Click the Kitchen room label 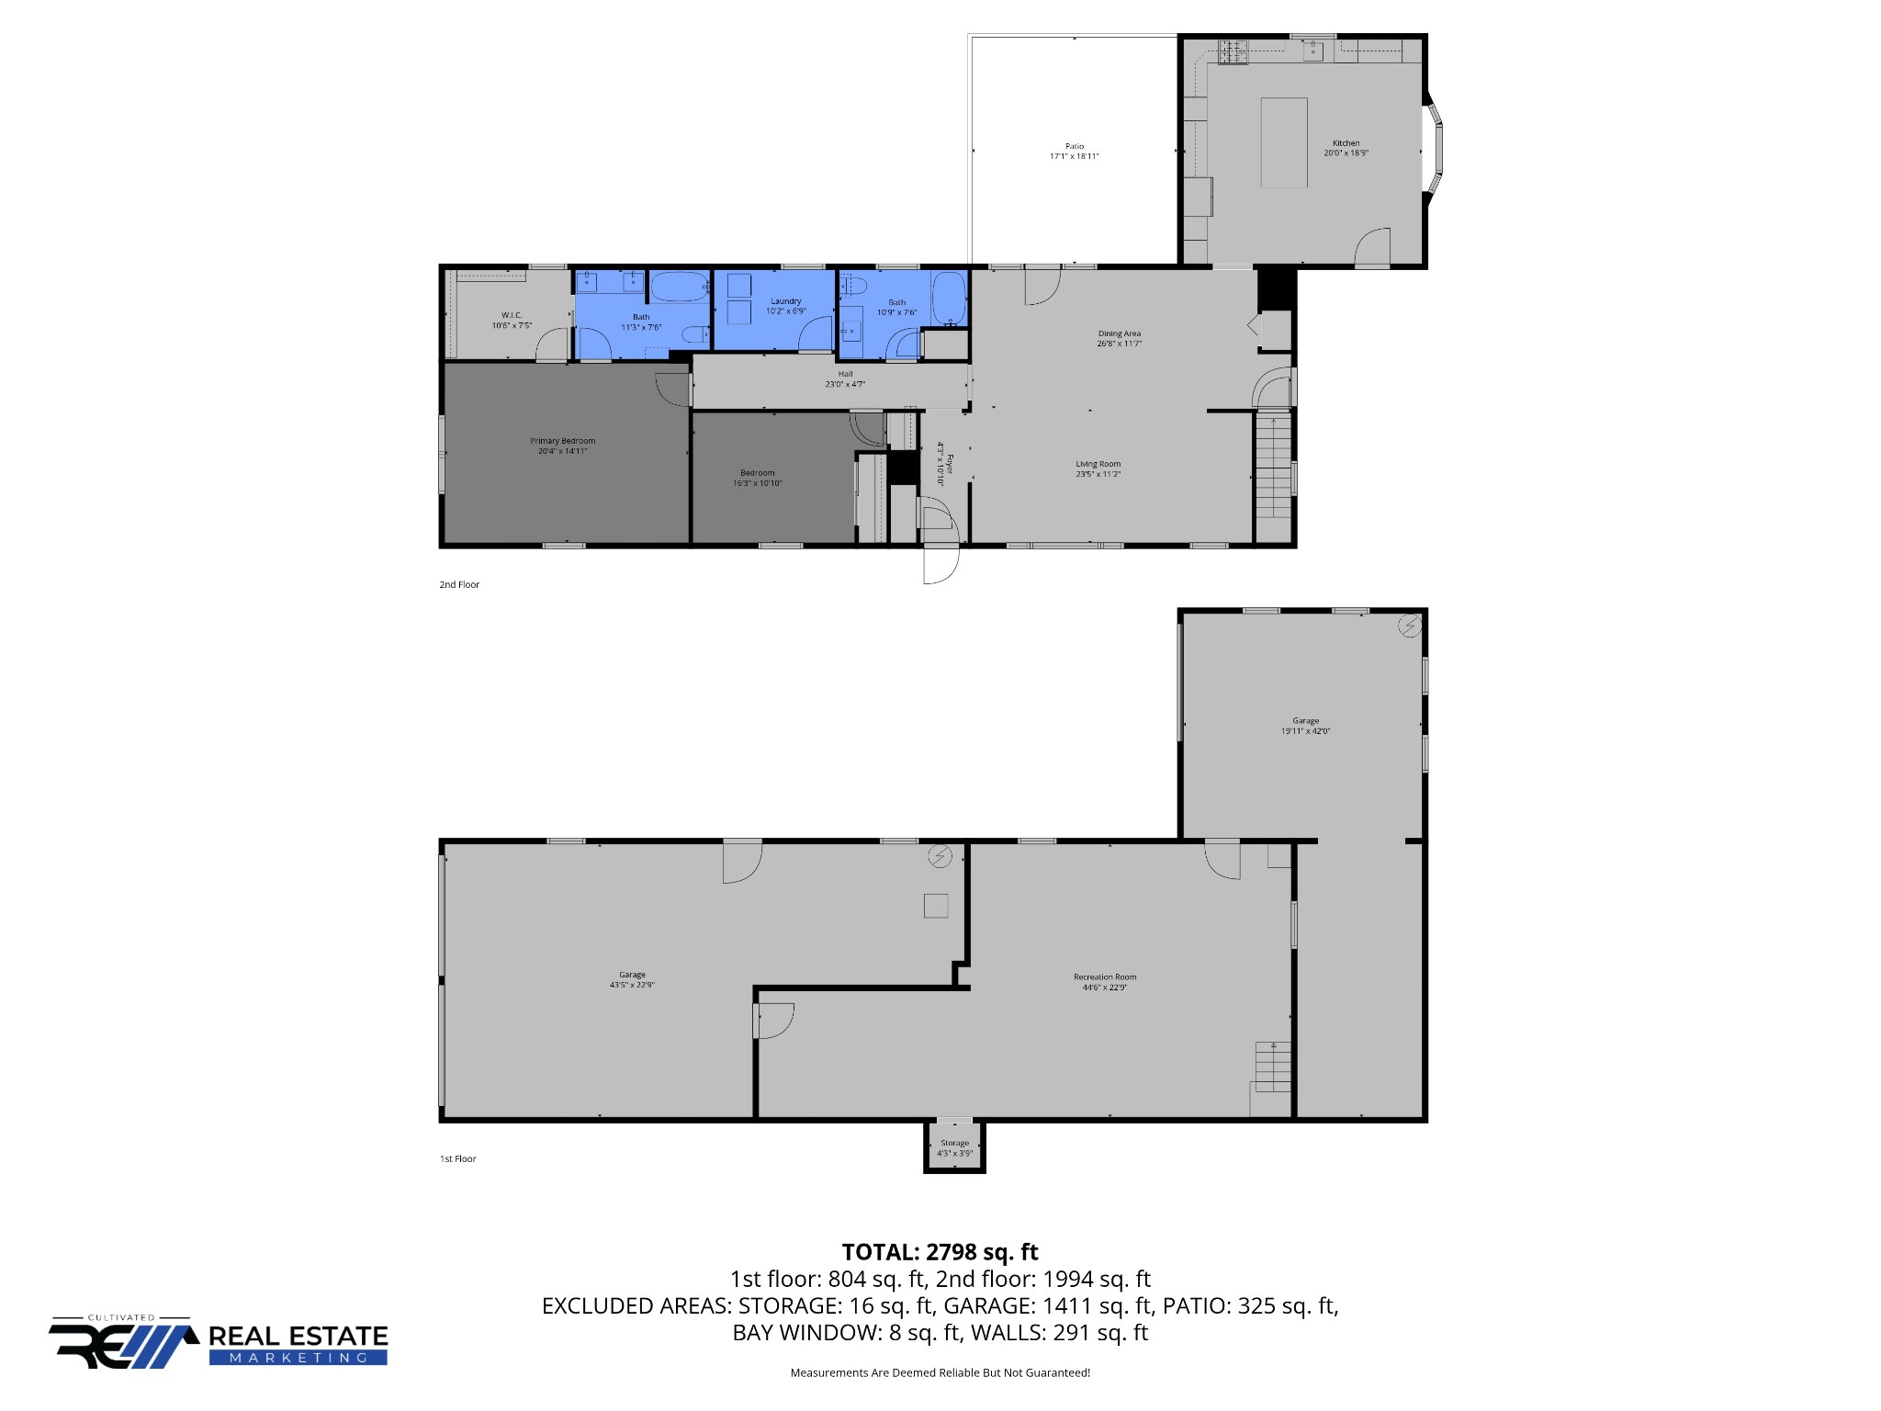1346,148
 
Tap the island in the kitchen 1284,142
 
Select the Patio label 1075,152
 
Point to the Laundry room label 786,306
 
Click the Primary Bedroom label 563,446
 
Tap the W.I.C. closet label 512,320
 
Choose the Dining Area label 1120,338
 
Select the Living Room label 1098,468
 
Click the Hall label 845,378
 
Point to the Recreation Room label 1105,982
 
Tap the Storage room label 954,1148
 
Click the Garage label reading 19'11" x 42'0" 1306,726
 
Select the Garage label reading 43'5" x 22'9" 632,979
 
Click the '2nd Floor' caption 459,584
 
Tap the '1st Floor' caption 458,1158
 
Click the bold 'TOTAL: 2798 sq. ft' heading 940,1252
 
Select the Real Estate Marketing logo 219,1343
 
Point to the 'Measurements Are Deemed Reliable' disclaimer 940,1372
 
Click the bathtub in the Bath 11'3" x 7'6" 681,287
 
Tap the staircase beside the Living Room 1273,466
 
